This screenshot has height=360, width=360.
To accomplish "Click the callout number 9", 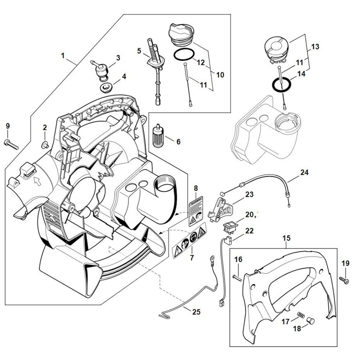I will click(x=8, y=126).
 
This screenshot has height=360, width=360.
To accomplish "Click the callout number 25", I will click(x=196, y=312).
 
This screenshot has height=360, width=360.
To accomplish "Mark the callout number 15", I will click(x=287, y=238).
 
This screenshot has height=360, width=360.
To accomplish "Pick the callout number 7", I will click(x=192, y=258).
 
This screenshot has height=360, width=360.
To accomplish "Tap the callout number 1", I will click(x=63, y=56).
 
